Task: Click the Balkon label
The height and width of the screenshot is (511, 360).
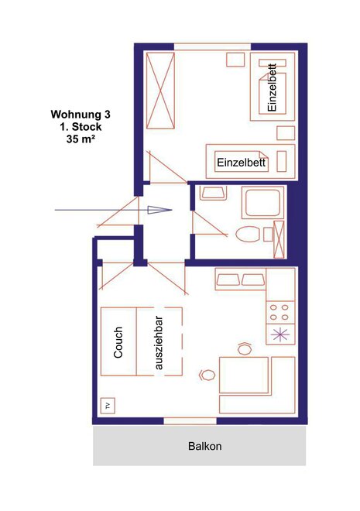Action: click(205, 446)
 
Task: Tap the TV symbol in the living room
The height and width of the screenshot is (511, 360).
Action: click(108, 406)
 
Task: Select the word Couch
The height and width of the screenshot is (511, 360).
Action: click(118, 342)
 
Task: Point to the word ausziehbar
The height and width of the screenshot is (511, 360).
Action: click(159, 343)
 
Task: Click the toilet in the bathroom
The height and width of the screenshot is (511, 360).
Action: click(248, 234)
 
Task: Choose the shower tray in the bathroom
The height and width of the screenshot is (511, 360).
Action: click(262, 202)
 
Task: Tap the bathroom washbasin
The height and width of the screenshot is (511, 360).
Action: click(213, 193)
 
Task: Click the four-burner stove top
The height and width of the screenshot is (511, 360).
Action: click(279, 312)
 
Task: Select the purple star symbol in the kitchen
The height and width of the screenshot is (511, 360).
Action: click(280, 334)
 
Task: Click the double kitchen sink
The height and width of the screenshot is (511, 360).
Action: click(241, 280)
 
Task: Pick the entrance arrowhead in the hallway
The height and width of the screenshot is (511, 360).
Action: click(159, 210)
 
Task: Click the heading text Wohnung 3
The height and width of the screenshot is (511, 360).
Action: click(81, 115)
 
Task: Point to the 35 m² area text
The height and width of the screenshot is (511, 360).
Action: click(81, 139)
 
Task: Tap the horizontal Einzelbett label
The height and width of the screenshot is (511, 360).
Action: click(242, 163)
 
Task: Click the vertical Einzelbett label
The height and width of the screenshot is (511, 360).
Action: click(272, 87)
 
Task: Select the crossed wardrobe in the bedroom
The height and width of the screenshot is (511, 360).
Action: click(160, 91)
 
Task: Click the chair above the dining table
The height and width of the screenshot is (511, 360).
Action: click(245, 348)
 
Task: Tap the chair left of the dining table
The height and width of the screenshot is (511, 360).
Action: click(207, 375)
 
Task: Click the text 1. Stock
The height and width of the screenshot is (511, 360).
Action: click(81, 127)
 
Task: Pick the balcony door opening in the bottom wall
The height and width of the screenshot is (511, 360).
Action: click(190, 420)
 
